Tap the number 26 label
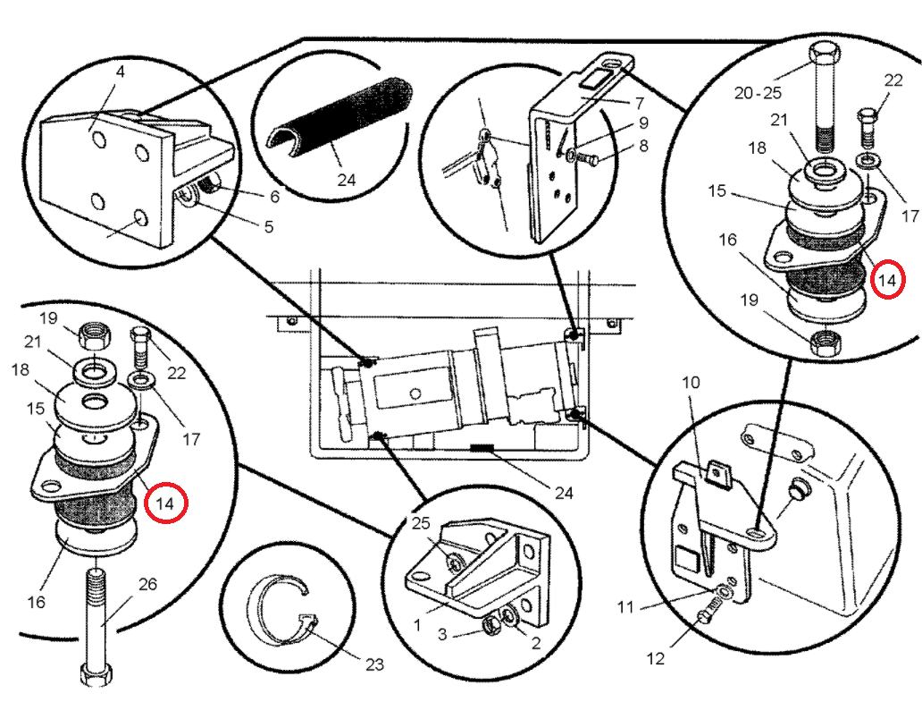(147, 584)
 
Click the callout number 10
(691, 383)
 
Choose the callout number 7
(639, 103)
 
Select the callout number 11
(625, 607)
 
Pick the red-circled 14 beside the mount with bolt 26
(166, 503)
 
